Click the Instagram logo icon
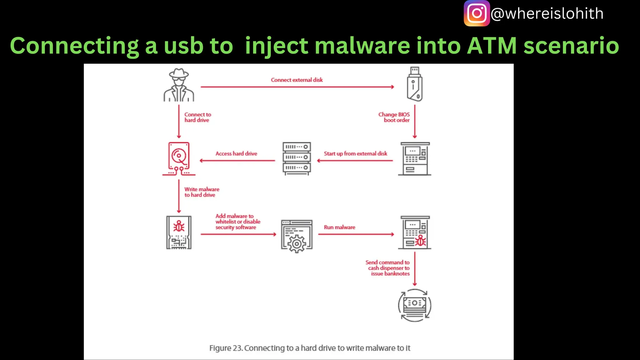(477, 13)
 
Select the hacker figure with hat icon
(179, 85)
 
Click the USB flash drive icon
(415, 84)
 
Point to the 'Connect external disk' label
(297, 80)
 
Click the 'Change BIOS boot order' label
(394, 117)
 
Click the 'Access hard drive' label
(236, 154)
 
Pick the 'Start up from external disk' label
(355, 154)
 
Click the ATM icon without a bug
(415, 159)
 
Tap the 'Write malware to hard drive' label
(202, 192)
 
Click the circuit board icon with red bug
(179, 232)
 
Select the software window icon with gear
(297, 236)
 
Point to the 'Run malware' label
(339, 227)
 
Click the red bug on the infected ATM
(421, 241)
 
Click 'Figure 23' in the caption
(226, 348)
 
